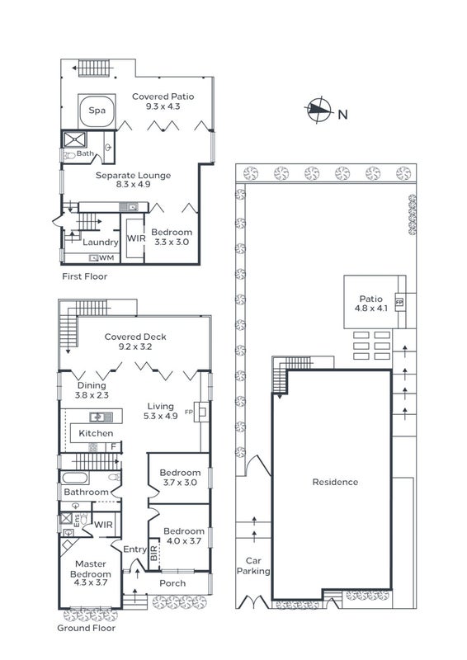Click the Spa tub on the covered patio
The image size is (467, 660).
tap(97, 111)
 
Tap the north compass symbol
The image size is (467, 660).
tap(318, 110)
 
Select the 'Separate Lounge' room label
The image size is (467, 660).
tap(133, 175)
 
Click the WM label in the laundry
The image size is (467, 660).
tap(107, 257)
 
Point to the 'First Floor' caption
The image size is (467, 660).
tap(85, 276)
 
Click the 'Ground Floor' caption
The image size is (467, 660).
tap(87, 628)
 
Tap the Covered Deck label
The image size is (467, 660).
tap(135, 337)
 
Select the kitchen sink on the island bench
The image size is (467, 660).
tap(101, 417)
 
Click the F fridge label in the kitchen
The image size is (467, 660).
tap(113, 446)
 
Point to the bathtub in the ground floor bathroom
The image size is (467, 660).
tap(74, 478)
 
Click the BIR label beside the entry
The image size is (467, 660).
tap(153, 553)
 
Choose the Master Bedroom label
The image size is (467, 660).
tap(91, 568)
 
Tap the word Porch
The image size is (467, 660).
tap(172, 583)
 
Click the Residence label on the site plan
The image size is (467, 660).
tap(335, 482)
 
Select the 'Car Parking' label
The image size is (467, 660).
tap(253, 566)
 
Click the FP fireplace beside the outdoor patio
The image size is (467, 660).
tap(399, 302)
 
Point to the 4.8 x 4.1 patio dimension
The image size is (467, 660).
tap(371, 308)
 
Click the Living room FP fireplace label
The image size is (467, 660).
tap(189, 412)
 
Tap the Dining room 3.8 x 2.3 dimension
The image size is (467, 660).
tap(92, 395)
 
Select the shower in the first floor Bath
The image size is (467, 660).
tap(74, 139)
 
